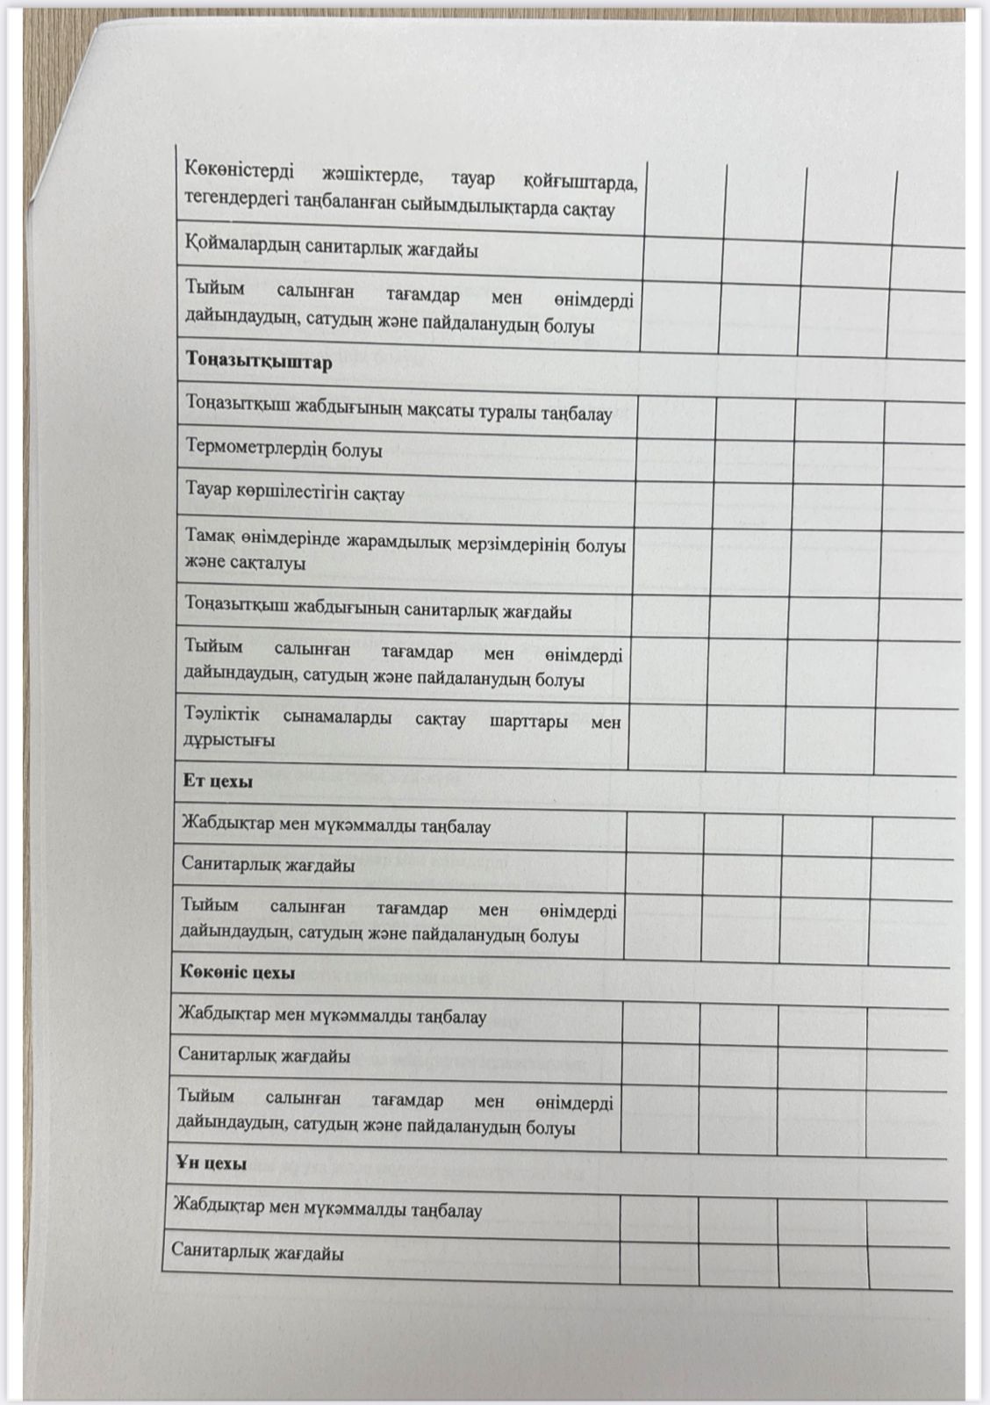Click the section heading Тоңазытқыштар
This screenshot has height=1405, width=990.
pos(259,362)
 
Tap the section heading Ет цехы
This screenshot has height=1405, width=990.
pos(218,781)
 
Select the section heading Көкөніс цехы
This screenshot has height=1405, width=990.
pos(237,973)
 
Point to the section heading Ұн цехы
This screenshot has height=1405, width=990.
pos(211,1163)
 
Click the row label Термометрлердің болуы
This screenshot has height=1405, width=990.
pos(283,449)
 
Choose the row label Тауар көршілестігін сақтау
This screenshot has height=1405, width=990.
pos(295,493)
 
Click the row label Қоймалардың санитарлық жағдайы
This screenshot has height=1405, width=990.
pos(332,249)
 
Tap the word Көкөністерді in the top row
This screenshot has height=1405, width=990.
pos(240,170)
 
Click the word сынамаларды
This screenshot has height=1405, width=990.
pos(337,717)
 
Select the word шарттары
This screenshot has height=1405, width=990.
pos(527,721)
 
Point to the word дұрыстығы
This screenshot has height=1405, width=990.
pos(228,739)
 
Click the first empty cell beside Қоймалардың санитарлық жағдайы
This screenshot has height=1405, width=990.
pos(682,258)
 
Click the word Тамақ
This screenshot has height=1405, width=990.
pos(207,535)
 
